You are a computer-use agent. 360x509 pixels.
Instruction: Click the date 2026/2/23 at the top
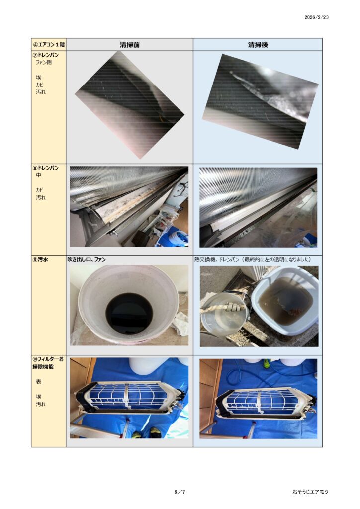pos(316,17)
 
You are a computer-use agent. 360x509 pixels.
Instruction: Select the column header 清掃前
pos(129,45)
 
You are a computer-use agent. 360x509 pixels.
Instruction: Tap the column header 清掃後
pos(258,45)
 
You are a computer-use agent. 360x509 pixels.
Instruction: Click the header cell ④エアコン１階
pos(49,44)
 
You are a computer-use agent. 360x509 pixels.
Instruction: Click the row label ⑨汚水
pos(40,259)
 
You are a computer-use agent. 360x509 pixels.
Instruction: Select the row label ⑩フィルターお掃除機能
pos(48,363)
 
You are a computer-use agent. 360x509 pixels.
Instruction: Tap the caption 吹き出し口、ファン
pos(87,259)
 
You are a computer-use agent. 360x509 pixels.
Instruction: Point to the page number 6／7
pos(180,492)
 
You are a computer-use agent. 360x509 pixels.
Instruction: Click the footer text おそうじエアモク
pos(310,492)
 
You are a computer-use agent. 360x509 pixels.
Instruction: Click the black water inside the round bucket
pos(129,313)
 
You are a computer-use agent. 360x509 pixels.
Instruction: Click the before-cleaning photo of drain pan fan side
pos(129,105)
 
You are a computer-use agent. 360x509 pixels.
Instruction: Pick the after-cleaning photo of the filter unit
pos(259,399)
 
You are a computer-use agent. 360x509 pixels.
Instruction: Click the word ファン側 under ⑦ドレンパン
pos(43,62)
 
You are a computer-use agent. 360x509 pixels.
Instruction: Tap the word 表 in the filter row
pos(39,382)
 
